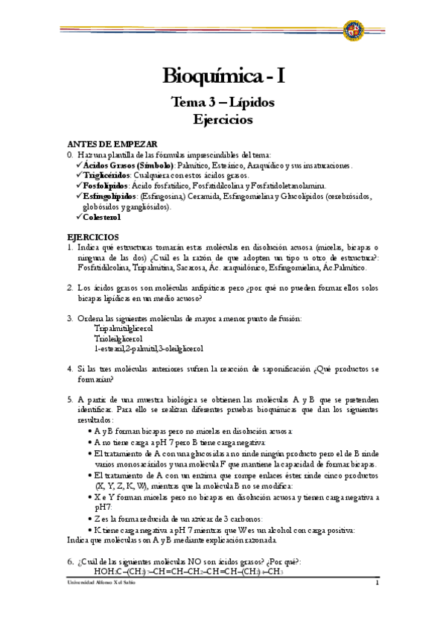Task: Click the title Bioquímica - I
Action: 223,75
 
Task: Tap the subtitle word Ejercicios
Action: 223,118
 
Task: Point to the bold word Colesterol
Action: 101,218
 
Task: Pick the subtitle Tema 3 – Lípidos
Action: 223,101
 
